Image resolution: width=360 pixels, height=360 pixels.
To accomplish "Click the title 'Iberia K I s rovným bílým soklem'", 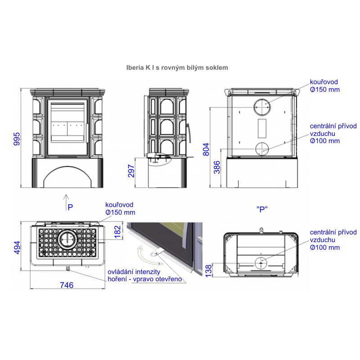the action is (177, 68).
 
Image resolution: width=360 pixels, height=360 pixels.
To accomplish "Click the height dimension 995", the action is (17, 139).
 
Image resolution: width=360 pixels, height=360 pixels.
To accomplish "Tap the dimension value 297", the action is (131, 171).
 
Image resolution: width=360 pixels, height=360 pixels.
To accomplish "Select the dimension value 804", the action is (206, 149).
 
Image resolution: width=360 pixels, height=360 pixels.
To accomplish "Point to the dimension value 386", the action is (217, 167).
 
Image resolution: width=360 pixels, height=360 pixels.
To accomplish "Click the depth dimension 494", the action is (17, 248).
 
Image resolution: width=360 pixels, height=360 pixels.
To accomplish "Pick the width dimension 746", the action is (67, 285).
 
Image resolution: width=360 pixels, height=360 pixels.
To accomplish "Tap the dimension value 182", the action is (117, 232).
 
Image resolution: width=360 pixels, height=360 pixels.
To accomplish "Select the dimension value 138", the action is (208, 271).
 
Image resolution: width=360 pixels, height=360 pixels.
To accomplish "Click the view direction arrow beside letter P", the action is (66, 202).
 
